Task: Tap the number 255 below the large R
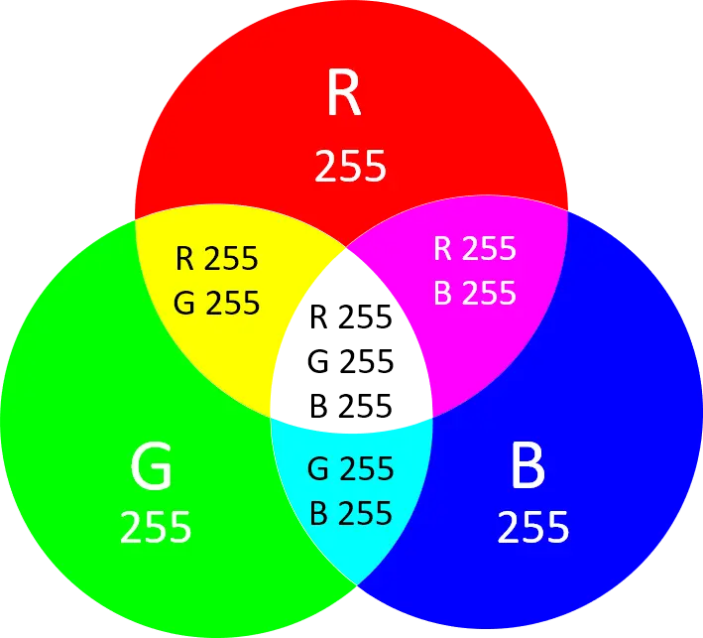click(x=350, y=167)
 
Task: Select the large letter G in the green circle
click(x=152, y=466)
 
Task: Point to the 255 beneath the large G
click(x=156, y=527)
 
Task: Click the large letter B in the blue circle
click(x=527, y=466)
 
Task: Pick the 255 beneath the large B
click(x=533, y=527)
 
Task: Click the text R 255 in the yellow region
click(x=216, y=259)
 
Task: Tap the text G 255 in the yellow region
click(x=216, y=302)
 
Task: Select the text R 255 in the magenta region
click(x=475, y=248)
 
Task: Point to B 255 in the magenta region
click(x=475, y=293)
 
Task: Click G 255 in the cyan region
click(x=351, y=467)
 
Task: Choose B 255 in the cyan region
click(x=351, y=513)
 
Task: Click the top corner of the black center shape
click(x=348, y=249)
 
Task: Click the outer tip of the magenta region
click(x=567, y=210)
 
